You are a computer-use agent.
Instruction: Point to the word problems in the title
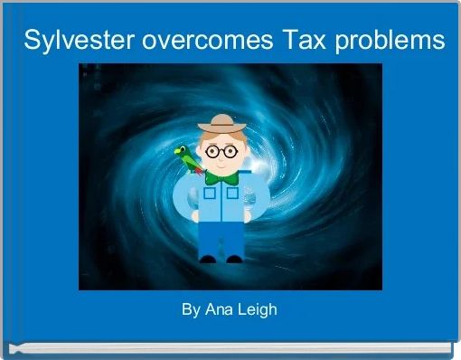click(390, 41)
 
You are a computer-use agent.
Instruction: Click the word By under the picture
click(190, 309)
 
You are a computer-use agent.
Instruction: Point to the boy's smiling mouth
click(220, 166)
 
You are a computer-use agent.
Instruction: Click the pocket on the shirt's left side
click(211, 192)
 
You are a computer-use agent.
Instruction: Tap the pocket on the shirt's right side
click(231, 192)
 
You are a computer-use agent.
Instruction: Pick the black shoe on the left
click(209, 258)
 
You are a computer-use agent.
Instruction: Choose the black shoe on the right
click(233, 258)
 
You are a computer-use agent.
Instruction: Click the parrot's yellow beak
click(179, 150)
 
